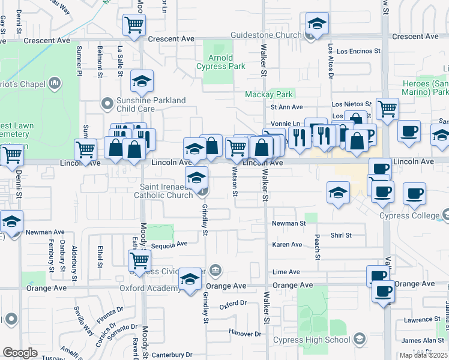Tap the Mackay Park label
coord(268,94)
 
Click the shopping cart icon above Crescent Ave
coord(134,25)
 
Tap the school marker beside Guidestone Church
coord(316,23)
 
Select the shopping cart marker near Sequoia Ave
coord(139,260)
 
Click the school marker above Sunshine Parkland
coord(142,80)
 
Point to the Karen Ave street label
coord(287,245)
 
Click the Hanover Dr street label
coord(245,334)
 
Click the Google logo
coord(20,352)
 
